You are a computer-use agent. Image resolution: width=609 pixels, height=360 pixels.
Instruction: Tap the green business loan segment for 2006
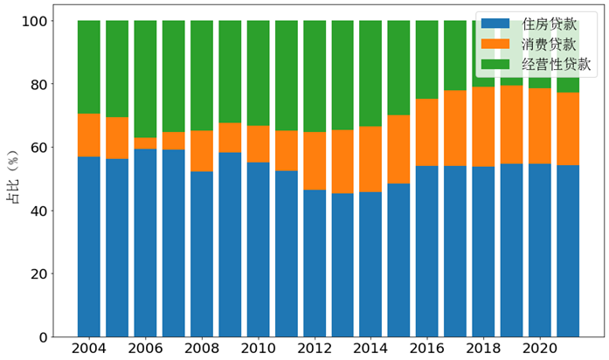(x=145, y=79)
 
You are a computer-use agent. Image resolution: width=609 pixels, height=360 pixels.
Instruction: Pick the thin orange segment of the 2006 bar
(x=145, y=143)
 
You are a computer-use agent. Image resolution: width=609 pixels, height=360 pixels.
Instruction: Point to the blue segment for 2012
(x=314, y=263)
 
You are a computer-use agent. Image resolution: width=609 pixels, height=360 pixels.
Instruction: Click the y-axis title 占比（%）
(x=13, y=179)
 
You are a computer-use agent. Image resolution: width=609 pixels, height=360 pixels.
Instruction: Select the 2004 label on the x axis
(x=89, y=349)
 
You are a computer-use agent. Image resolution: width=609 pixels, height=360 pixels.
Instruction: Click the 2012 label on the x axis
(x=314, y=349)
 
